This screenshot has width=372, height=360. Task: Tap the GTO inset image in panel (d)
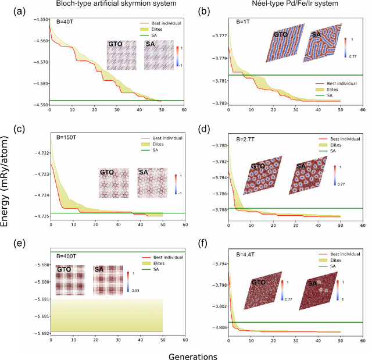click(262, 174)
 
